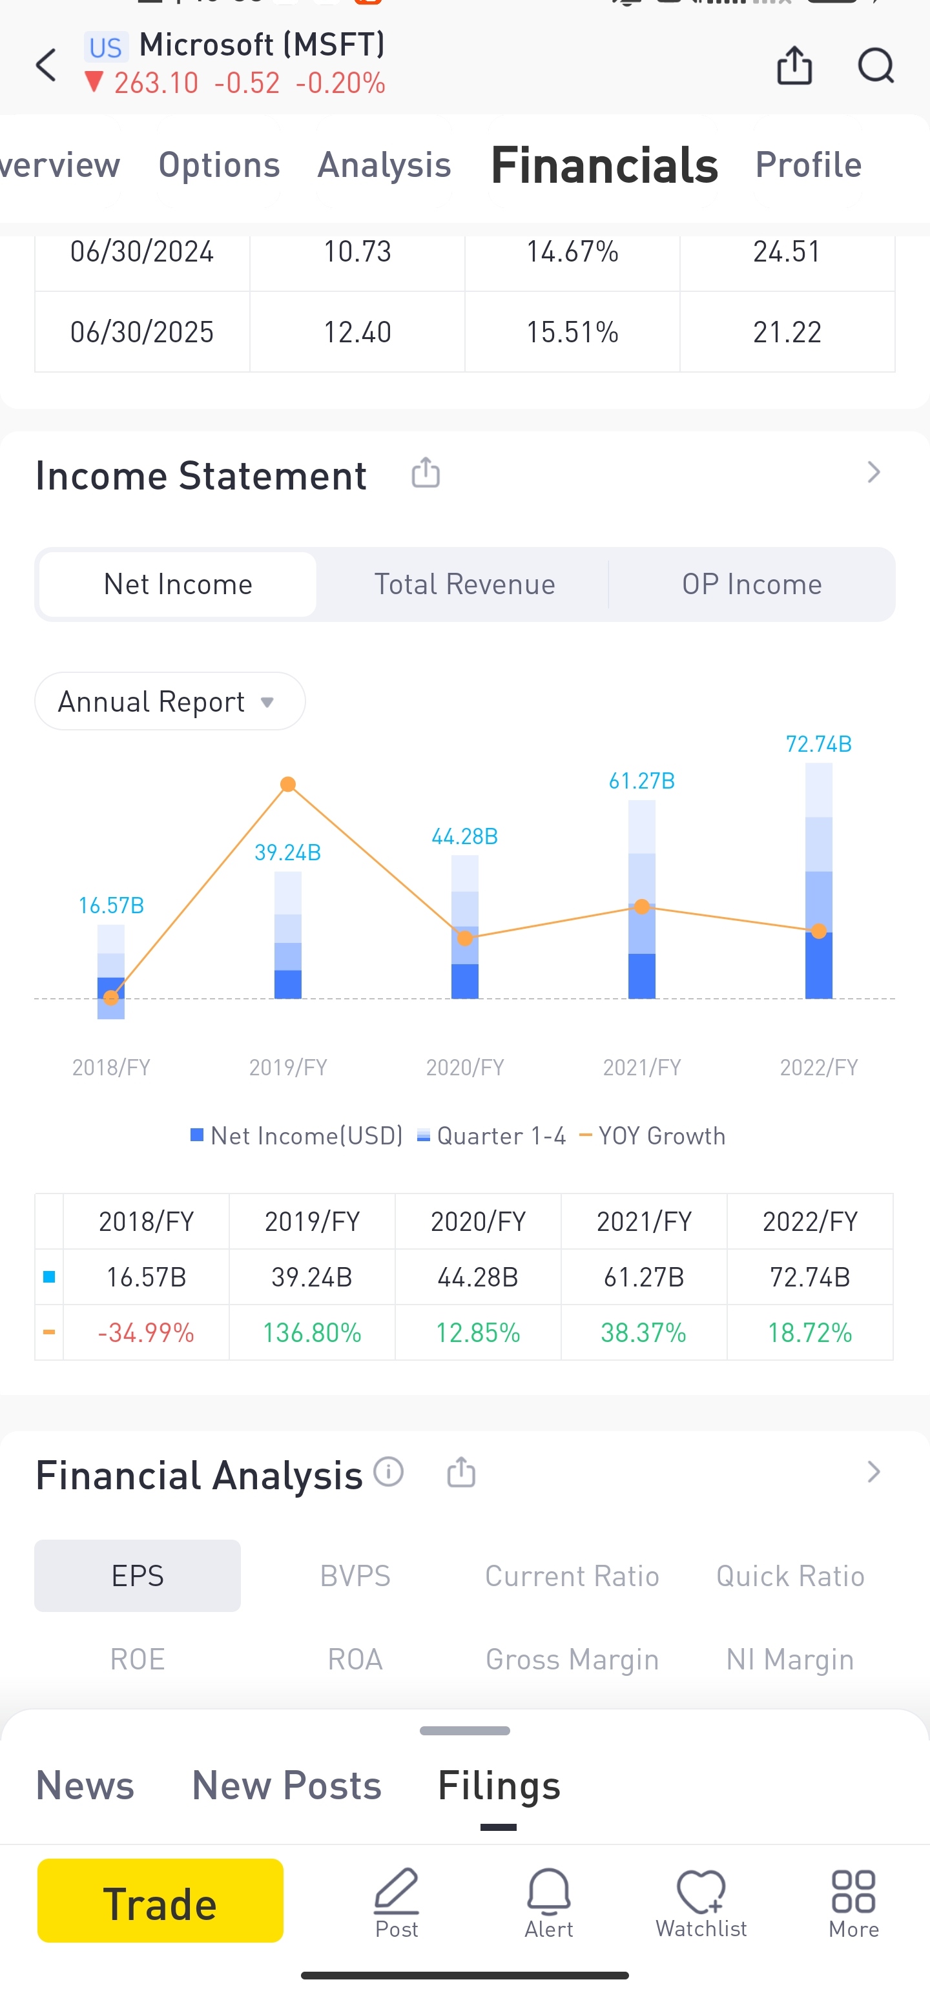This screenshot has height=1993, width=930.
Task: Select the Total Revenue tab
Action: click(x=464, y=584)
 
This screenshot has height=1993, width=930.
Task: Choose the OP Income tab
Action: click(x=751, y=584)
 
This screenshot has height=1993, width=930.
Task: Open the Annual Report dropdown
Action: click(x=169, y=701)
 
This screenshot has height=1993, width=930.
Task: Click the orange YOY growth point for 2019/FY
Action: click(x=288, y=785)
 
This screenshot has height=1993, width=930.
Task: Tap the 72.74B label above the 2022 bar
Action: click(x=818, y=744)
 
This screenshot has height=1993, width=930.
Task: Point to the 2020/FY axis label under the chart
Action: click(x=464, y=1068)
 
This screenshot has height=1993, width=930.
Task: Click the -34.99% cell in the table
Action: click(x=146, y=1332)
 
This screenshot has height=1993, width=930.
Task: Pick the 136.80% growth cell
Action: click(x=312, y=1332)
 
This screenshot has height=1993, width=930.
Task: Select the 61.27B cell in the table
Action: click(x=644, y=1277)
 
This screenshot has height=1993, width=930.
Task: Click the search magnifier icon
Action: click(x=876, y=65)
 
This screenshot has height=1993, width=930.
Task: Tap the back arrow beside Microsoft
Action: click(x=46, y=65)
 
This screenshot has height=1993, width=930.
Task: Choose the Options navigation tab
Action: click(x=219, y=165)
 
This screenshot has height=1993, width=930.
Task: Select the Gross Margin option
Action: click(x=572, y=1660)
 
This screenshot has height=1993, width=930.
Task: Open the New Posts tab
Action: click(x=286, y=1786)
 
